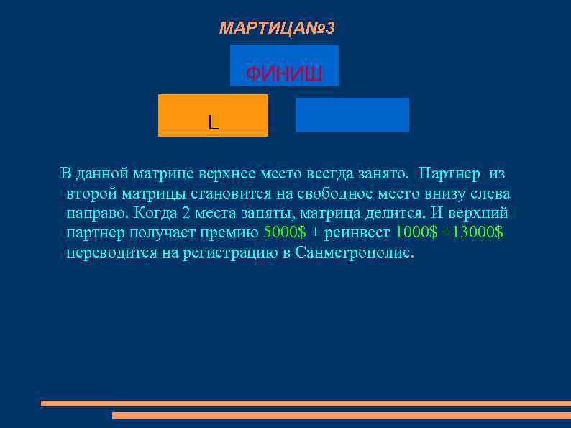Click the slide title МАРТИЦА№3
point(277,29)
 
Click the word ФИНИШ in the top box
point(284,74)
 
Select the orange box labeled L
point(213,115)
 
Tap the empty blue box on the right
point(352,115)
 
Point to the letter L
point(213,123)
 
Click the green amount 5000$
point(285,233)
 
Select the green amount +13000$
point(472,233)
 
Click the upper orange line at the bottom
point(306,404)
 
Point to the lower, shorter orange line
point(342,415)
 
